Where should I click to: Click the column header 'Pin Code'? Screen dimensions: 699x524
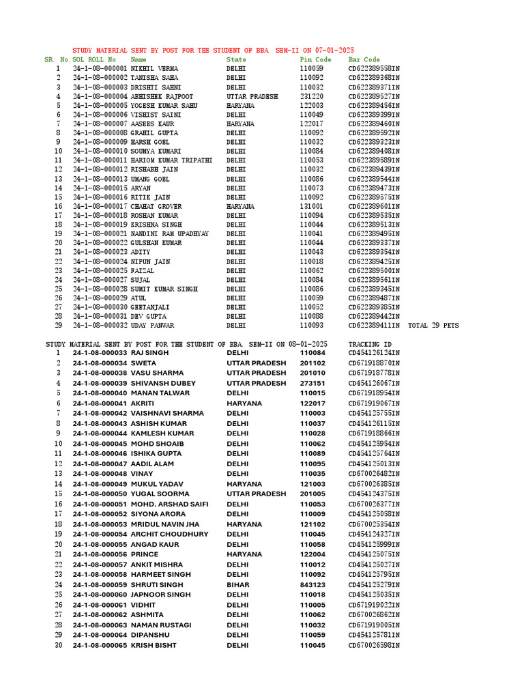pyautogui.click(x=315, y=60)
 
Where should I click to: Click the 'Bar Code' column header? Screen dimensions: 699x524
pyautogui.click(x=364, y=60)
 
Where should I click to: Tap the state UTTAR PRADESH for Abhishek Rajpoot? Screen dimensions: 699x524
pyautogui.click(x=252, y=97)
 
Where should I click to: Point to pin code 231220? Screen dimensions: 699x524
pyautogui.click(x=312, y=97)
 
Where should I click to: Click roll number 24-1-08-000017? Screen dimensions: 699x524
pyautogui.click(x=100, y=206)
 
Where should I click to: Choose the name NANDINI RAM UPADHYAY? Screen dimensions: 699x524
pyautogui.click(x=169, y=234)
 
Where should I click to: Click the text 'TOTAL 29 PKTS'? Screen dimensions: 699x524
pyautogui.click(x=433, y=326)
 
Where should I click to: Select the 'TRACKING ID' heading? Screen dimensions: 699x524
pyautogui.click(x=370, y=344)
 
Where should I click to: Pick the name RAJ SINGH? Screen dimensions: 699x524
pyautogui.click(x=149, y=353)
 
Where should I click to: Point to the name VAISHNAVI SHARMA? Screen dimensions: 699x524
pyautogui.click(x=167, y=413)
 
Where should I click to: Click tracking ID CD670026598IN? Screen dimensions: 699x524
pyautogui.click(x=374, y=645)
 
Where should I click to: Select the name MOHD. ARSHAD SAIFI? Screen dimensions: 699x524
pyautogui.click(x=170, y=504)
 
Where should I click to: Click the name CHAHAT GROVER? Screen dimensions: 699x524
pyautogui.click(x=156, y=206)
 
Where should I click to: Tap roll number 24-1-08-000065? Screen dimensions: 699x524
pyautogui.click(x=100, y=645)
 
